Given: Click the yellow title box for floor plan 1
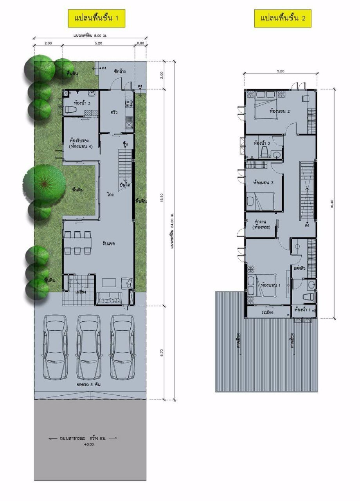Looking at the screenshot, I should point(97,18).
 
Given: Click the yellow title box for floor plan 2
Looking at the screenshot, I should point(283,18).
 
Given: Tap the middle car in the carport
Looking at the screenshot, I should point(89,347).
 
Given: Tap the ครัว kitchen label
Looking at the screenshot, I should point(115,112).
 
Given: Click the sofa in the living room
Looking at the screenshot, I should point(109,299).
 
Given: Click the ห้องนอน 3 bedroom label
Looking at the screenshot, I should point(263,182).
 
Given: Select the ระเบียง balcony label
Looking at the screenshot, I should point(268,312).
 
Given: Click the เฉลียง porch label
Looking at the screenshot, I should point(80,291).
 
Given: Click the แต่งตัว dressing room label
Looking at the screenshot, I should point(299,268).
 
